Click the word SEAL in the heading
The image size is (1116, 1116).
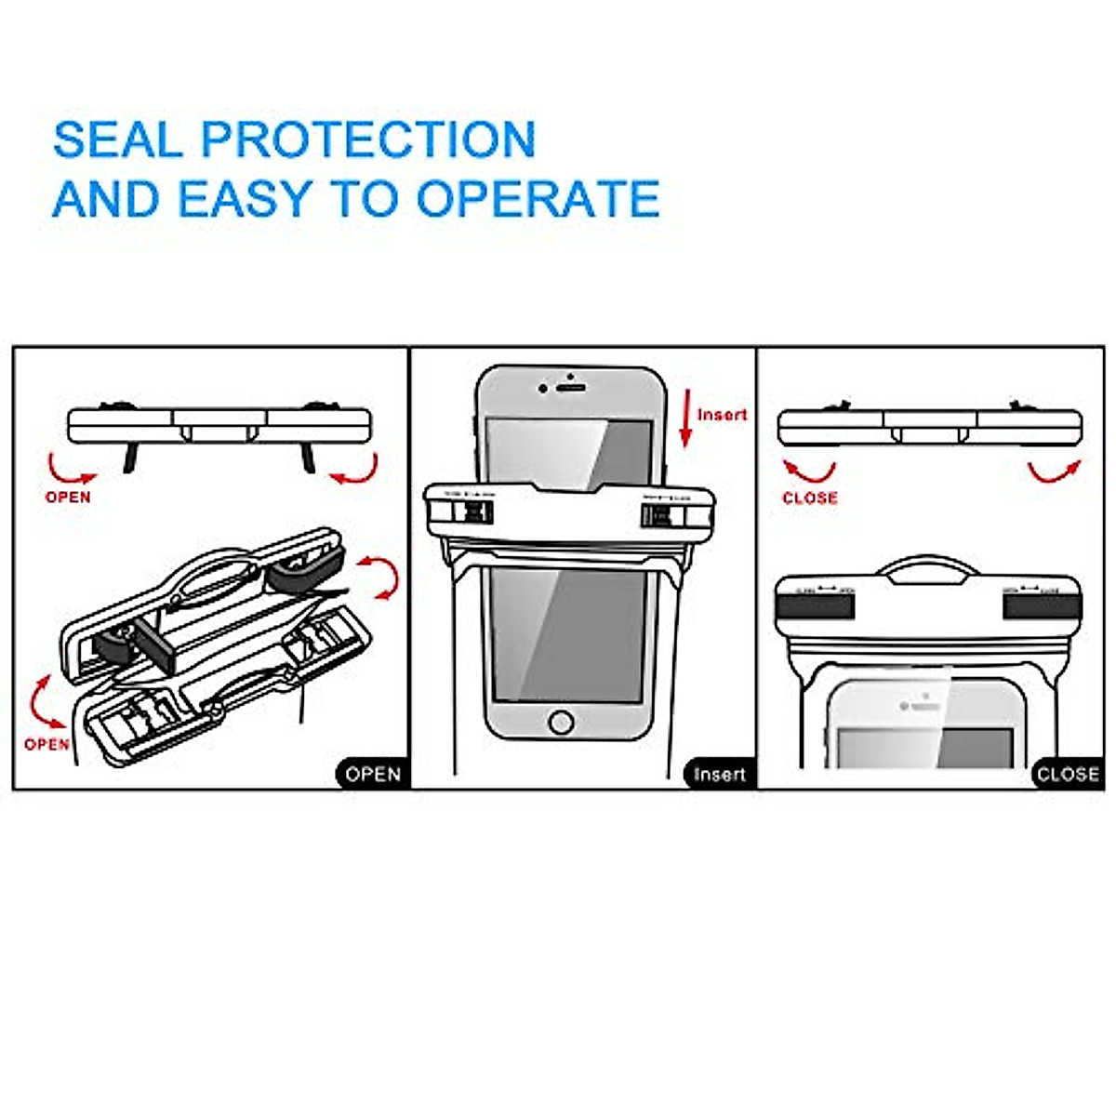point(118,139)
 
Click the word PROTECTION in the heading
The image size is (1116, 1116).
point(368,139)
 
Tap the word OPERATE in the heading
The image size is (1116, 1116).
point(538,198)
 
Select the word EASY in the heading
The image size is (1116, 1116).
point(245,198)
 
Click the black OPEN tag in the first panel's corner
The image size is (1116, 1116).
point(372,774)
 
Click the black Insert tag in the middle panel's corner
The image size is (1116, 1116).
point(719,774)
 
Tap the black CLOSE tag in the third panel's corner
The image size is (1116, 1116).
point(1068,774)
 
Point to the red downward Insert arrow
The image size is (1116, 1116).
point(685,418)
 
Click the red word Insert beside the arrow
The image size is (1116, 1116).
point(723,415)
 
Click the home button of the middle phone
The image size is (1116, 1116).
point(561,722)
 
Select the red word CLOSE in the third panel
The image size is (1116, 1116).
point(809,498)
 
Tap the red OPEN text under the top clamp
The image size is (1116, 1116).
point(68,497)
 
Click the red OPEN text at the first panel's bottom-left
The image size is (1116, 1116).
point(46,744)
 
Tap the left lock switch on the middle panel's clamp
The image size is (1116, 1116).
point(476,513)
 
